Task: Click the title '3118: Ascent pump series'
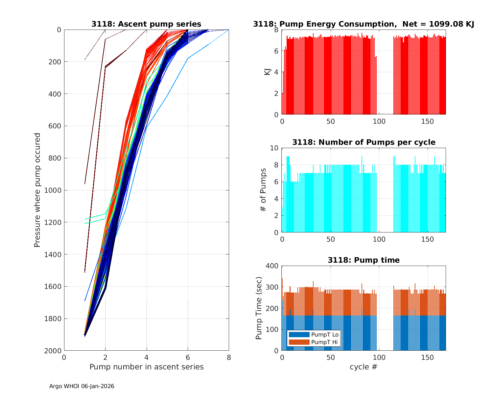[x=146, y=24]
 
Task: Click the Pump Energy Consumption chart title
[x=364, y=24]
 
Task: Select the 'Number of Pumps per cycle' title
[x=364, y=142]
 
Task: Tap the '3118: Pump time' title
[x=364, y=260]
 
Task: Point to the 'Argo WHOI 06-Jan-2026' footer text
[x=82, y=386]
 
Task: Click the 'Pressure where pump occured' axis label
[x=37, y=190]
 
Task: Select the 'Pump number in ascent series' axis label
[x=146, y=367]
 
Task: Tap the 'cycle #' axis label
[x=364, y=367]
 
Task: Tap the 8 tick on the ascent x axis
[x=229, y=357]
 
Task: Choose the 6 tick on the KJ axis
[x=276, y=51]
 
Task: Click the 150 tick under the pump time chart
[x=428, y=357]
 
